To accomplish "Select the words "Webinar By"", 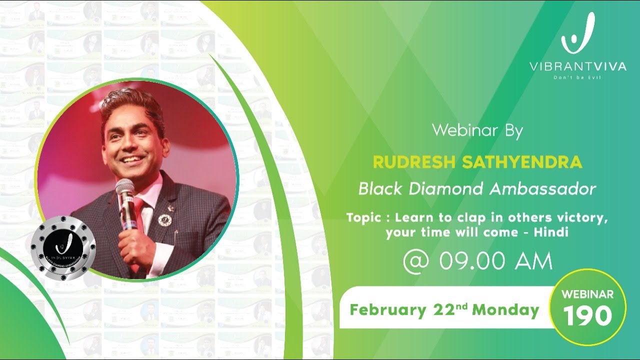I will (x=477, y=131).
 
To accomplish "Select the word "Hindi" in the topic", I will (x=551, y=232).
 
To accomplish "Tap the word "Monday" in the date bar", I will (x=505, y=310).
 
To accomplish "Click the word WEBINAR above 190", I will (x=587, y=294).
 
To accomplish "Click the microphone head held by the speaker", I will (x=124, y=189).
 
